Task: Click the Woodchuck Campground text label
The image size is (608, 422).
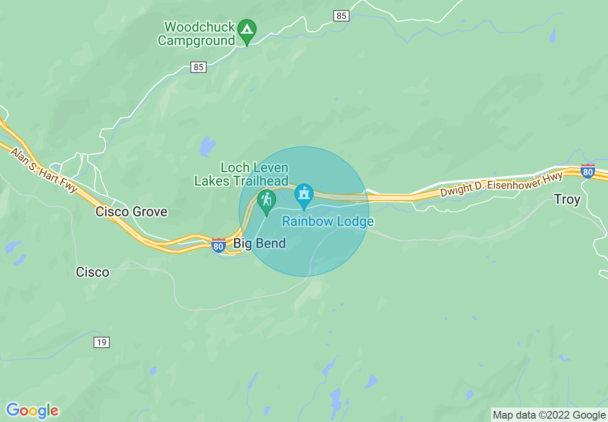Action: tap(197, 34)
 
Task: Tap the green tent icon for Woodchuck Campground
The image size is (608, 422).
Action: tap(247, 30)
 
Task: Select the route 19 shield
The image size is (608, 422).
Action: tap(102, 342)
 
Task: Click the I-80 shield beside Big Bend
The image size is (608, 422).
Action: tap(219, 246)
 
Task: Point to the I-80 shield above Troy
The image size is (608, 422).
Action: tap(588, 171)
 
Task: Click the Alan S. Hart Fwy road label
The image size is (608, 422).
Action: tap(44, 170)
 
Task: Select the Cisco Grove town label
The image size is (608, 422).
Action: tap(131, 211)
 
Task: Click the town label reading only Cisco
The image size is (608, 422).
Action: tap(93, 272)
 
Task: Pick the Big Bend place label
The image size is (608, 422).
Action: tap(259, 244)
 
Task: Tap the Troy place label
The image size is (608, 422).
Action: tap(567, 199)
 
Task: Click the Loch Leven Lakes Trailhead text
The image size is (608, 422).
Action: tap(241, 174)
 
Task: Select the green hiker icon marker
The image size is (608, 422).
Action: tap(266, 200)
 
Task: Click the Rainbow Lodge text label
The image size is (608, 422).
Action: tap(328, 222)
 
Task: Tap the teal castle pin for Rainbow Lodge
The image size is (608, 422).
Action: tap(304, 194)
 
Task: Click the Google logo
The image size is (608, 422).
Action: tap(33, 410)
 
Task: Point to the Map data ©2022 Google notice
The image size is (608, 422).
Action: tap(549, 415)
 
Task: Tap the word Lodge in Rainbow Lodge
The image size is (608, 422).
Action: tap(355, 222)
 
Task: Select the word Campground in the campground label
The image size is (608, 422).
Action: tap(197, 40)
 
